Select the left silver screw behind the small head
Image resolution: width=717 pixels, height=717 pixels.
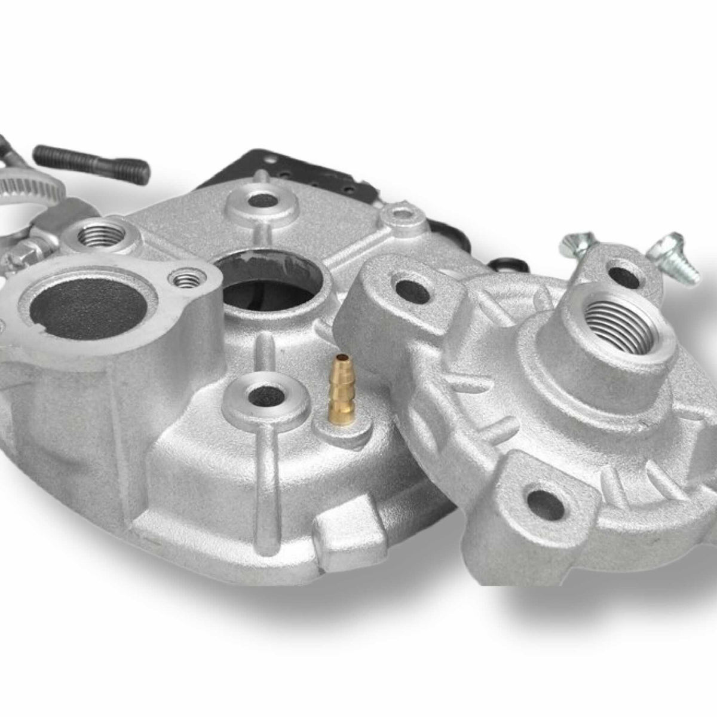(573, 248)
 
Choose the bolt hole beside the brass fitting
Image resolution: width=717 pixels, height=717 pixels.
(265, 393)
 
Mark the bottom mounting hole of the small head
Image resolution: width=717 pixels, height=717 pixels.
(546, 502)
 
